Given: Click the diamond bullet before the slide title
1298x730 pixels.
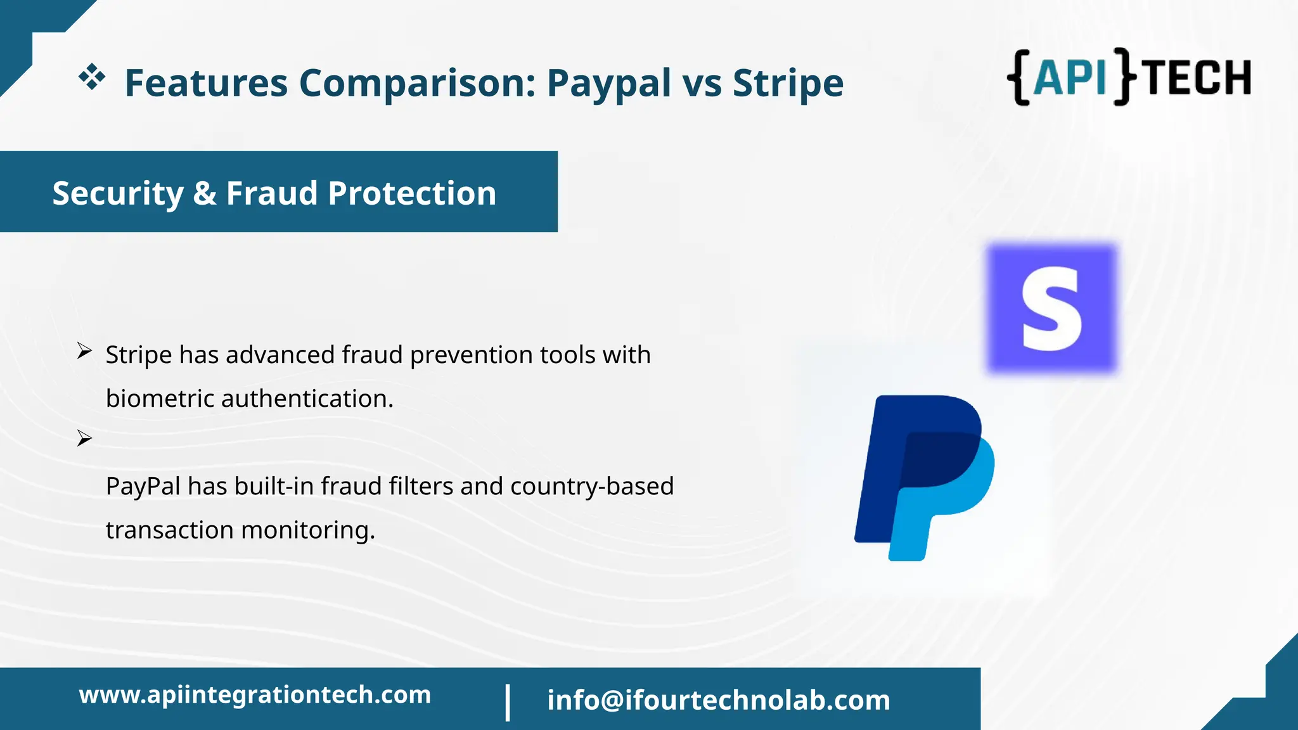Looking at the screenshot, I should tap(92, 77).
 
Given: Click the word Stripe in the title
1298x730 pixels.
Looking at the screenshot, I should tap(788, 83).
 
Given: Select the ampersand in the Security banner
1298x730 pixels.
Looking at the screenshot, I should tap(204, 193).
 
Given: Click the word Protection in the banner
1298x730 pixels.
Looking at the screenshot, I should tap(412, 193).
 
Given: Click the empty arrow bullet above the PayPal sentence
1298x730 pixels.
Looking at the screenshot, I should tap(84, 438).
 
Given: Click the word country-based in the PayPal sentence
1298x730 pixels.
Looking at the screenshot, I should tap(591, 486).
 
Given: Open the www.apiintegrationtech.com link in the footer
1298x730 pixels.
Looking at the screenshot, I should tap(255, 695).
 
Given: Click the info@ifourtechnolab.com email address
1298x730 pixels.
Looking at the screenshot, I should tap(718, 700).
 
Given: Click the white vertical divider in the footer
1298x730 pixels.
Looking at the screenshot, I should tap(508, 701).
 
